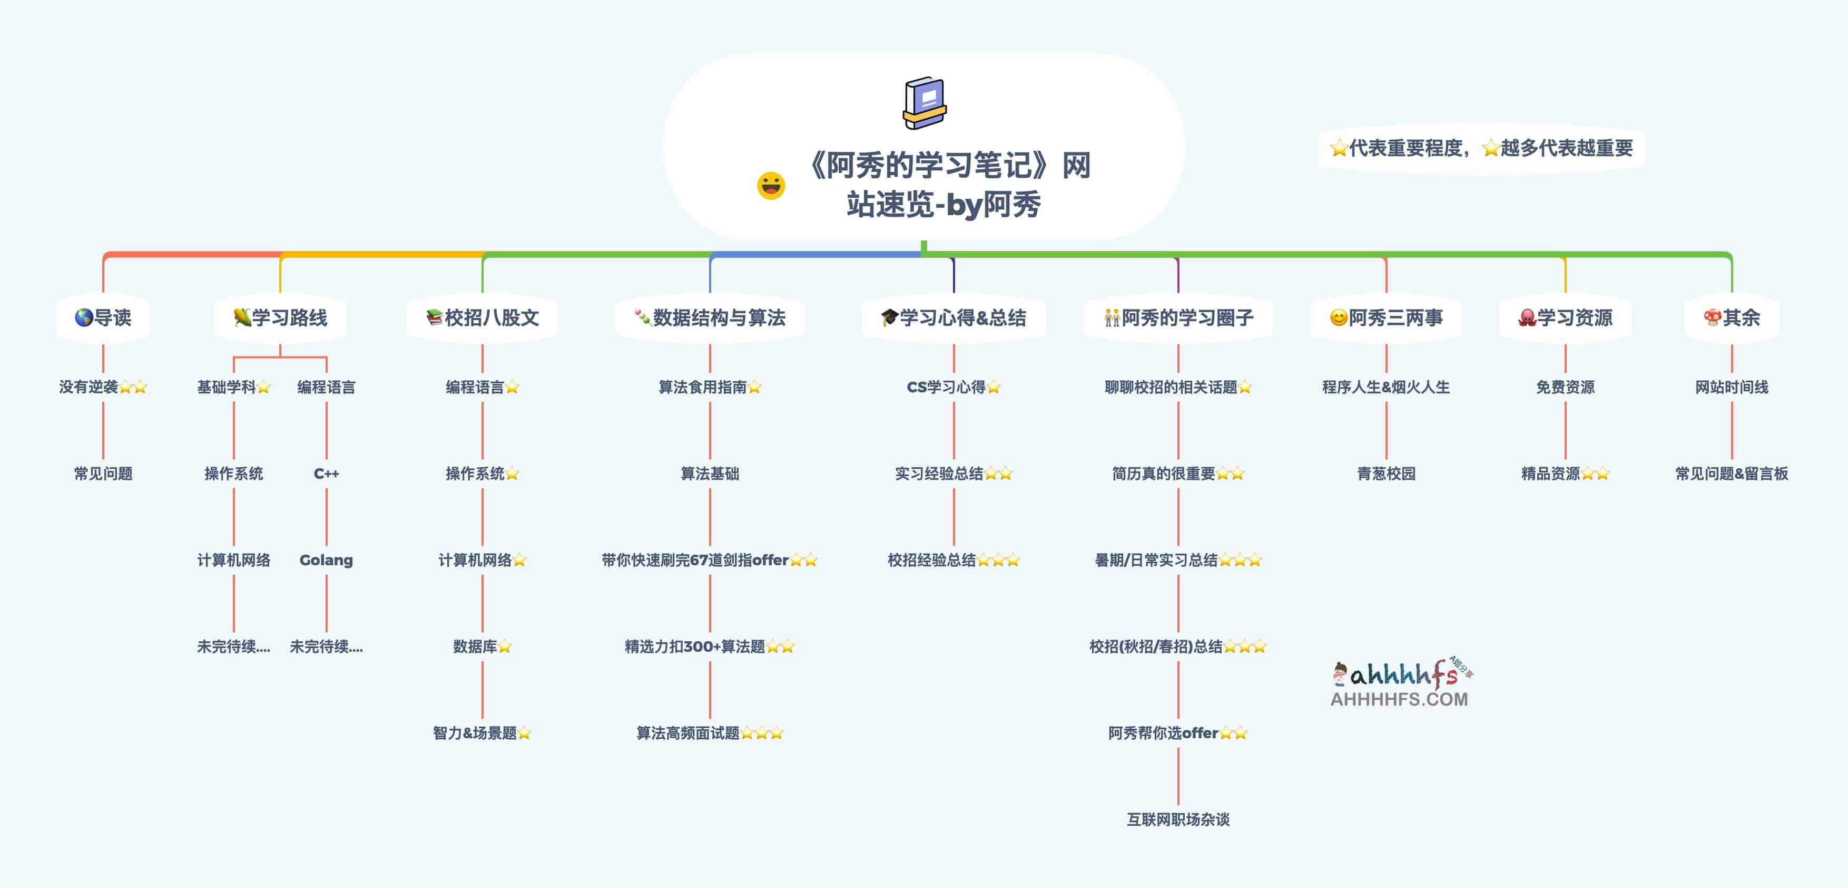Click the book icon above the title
pos(924,103)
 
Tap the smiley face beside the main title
pos(771,186)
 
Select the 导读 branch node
pos(103,317)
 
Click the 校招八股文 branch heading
pos(483,317)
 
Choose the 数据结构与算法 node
pos(710,317)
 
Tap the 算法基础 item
pos(710,474)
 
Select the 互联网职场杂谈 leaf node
pos(1178,819)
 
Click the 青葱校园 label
pos(1386,474)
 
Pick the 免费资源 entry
pos(1565,387)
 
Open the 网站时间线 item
pos(1731,387)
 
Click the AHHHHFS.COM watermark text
pos(1399,699)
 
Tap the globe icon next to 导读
pos(84,317)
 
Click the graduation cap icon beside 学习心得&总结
pos(890,317)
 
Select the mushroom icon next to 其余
pos(1713,317)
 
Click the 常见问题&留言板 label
pos(1731,474)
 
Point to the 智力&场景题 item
pos(475,733)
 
